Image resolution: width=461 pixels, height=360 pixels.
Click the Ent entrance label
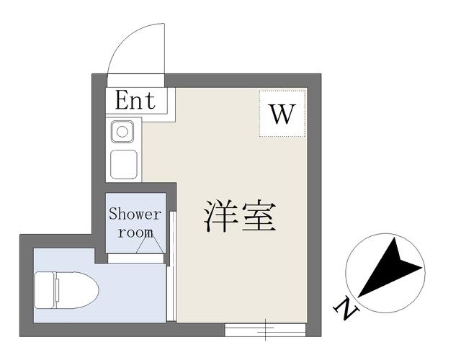pyautogui.click(x=135, y=101)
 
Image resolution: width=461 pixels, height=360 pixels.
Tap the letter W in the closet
pyautogui.click(x=282, y=114)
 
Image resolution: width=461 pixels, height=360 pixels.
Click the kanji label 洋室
pyautogui.click(x=240, y=216)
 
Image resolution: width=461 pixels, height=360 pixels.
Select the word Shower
pyautogui.click(x=135, y=214)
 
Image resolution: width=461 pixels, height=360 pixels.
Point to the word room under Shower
pyautogui.click(x=135, y=233)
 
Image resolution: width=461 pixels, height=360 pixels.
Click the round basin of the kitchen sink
pyautogui.click(x=122, y=132)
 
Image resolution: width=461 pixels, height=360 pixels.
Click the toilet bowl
pyautogui.click(x=77, y=290)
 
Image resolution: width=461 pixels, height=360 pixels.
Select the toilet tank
pyautogui.click(x=45, y=290)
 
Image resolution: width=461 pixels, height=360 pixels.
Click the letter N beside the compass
pyautogui.click(x=346, y=310)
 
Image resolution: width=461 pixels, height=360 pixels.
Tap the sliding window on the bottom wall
pyautogui.click(x=266, y=330)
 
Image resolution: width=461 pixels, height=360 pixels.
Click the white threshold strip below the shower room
pyautogui.click(x=135, y=258)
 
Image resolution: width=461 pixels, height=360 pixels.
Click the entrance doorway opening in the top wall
pyautogui.click(x=136, y=80)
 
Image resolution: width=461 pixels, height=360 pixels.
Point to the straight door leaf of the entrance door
pyautogui.click(x=164, y=48)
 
